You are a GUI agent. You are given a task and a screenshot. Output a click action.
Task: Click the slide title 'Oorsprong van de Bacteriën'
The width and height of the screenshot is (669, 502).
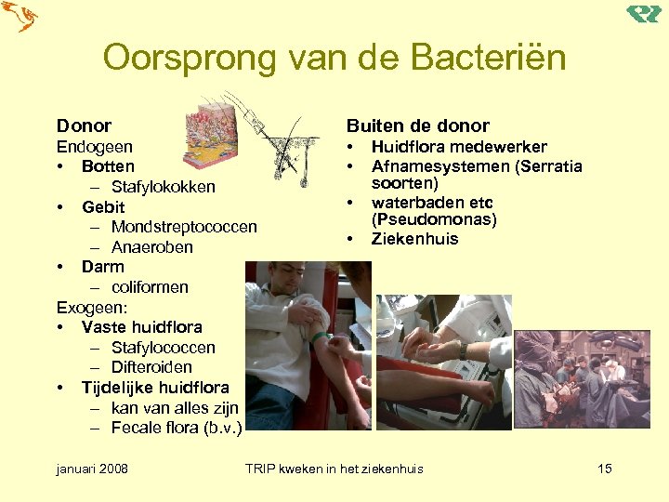(x=334, y=58)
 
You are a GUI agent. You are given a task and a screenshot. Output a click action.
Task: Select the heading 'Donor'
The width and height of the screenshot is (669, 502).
(x=84, y=125)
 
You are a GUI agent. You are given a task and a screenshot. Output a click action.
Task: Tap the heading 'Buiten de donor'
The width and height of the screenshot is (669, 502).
(x=417, y=125)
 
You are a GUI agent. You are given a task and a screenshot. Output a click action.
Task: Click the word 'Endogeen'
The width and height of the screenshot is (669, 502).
(x=94, y=147)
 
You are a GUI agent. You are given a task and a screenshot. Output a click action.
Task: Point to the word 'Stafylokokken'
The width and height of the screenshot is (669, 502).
(x=163, y=187)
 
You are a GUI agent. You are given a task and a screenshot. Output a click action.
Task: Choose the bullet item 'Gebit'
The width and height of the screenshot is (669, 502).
(x=102, y=207)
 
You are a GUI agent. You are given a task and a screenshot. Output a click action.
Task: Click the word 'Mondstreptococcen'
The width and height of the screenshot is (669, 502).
(x=184, y=227)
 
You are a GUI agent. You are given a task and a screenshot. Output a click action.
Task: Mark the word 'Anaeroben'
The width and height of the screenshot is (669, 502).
(x=151, y=247)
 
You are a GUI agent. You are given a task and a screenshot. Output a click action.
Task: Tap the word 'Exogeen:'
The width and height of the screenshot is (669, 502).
(x=92, y=308)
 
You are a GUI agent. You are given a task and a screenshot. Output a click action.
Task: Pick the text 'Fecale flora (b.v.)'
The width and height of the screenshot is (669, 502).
(x=177, y=428)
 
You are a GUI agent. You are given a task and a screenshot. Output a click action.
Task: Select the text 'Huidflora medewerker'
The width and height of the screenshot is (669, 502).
(x=459, y=147)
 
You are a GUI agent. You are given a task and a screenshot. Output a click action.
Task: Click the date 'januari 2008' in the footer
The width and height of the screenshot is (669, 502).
(x=92, y=469)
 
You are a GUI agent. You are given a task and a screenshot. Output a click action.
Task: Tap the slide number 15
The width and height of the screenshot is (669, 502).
(x=604, y=469)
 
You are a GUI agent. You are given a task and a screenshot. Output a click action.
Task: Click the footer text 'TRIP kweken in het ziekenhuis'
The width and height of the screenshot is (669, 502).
(x=334, y=469)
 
